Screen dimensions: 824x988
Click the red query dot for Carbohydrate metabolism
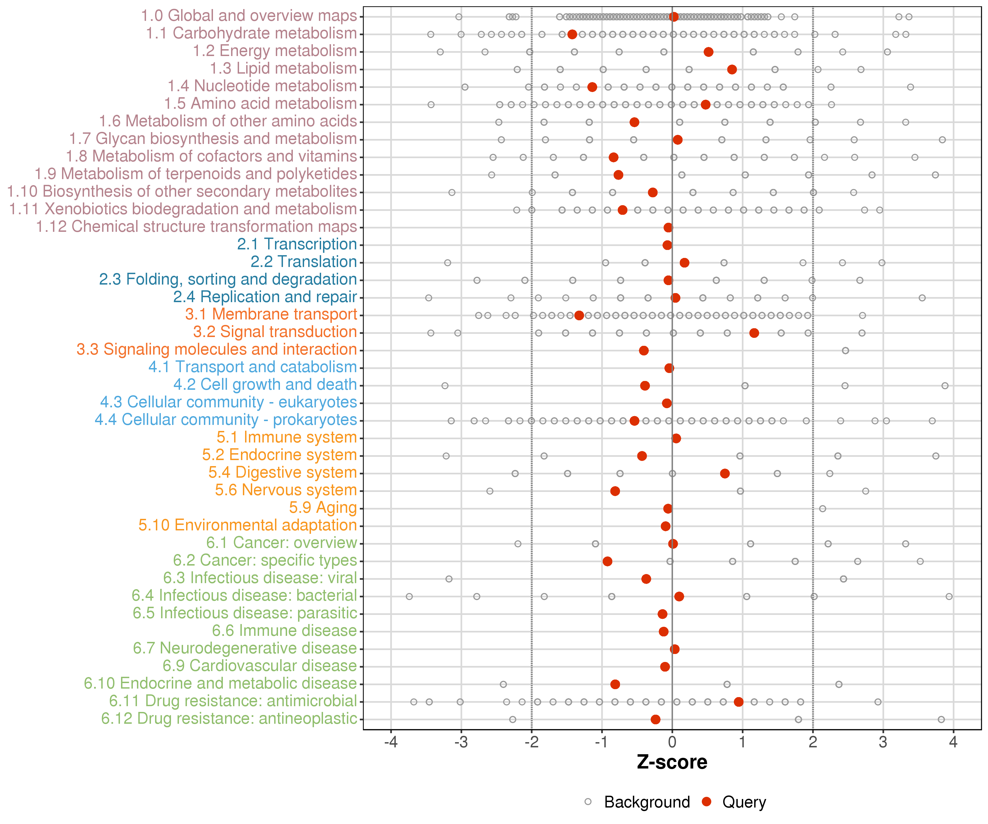pyautogui.click(x=572, y=34)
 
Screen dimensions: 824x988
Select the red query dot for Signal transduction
pyautogui.click(x=754, y=333)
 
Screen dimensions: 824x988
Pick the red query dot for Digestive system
pyautogui.click(x=725, y=473)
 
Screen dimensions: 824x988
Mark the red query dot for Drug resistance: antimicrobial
pyautogui.click(x=739, y=702)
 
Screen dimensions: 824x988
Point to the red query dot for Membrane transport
pyautogui.click(x=579, y=316)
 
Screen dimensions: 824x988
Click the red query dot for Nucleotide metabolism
pyautogui.click(x=592, y=87)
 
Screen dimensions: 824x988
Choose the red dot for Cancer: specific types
pyautogui.click(x=607, y=561)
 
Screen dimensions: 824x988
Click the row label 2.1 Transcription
pyautogui.click(x=297, y=244)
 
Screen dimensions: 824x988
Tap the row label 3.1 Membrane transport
pyautogui.click(x=271, y=314)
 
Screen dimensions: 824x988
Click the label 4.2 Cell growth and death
pyautogui.click(x=265, y=385)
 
